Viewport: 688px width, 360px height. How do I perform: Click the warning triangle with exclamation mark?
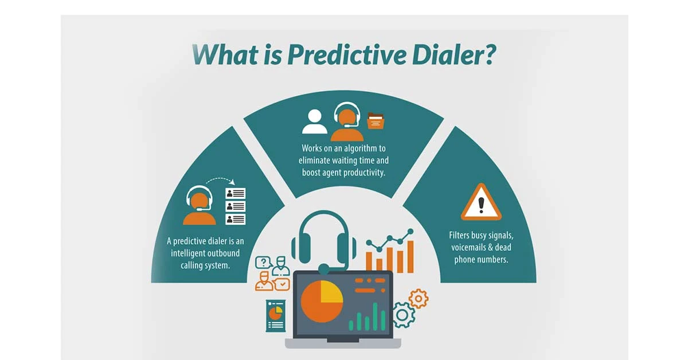coord(481,204)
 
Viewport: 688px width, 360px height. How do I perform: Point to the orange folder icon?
coord(376,122)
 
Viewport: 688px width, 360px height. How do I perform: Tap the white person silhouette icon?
coord(314,121)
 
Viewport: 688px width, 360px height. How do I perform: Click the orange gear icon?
coord(419,298)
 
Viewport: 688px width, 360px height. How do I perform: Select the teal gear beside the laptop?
coord(403,315)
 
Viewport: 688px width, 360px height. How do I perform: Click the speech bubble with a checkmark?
coord(283,284)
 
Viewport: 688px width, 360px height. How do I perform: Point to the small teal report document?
coord(276,315)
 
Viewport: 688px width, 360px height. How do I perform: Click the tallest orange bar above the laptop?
coord(410,255)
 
